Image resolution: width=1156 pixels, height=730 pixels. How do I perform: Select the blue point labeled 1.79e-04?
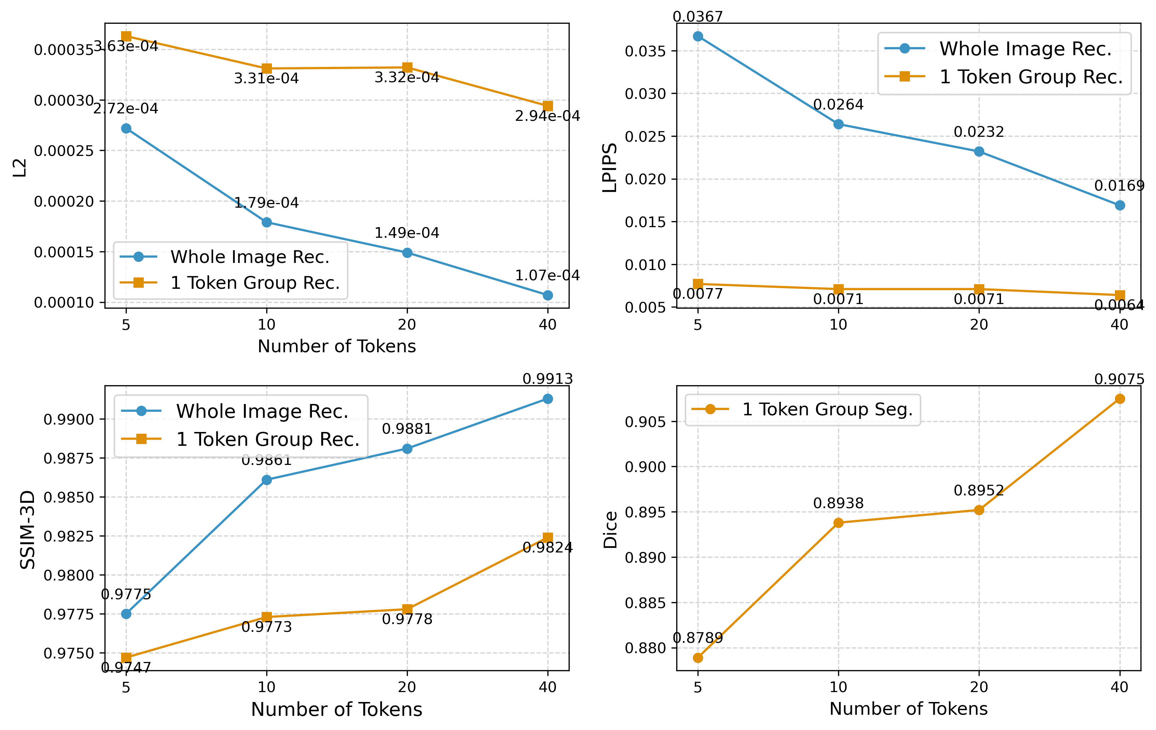pos(267,222)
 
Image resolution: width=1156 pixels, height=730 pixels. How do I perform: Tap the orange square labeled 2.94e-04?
pos(547,106)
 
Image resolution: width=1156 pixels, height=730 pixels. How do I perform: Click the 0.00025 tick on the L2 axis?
pos(63,151)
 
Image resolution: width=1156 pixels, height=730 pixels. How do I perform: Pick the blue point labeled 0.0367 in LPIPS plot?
pos(697,36)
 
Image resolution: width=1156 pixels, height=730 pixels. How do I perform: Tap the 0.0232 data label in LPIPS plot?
pos(978,132)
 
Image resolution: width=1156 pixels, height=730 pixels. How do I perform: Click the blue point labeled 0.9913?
pos(547,399)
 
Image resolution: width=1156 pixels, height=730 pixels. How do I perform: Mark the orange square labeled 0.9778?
pos(407,610)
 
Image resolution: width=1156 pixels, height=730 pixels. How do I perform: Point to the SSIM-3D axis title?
pos(28,529)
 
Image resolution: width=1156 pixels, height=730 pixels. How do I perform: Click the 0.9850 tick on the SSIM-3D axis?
pos(69,498)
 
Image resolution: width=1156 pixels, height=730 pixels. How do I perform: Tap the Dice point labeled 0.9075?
pos(1120,399)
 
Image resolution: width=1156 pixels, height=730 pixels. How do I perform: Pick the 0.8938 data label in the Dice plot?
pos(838,504)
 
